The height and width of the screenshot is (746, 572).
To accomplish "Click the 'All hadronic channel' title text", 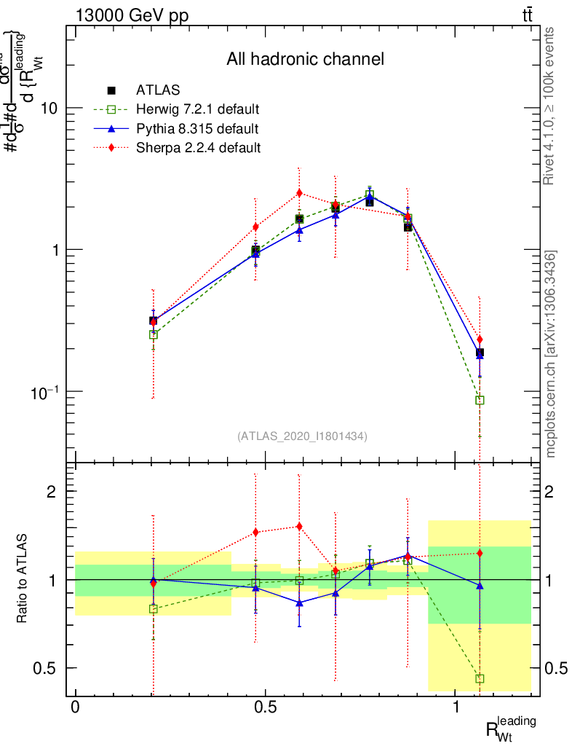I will [x=305, y=60].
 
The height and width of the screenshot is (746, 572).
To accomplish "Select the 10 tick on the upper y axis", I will [x=50, y=108].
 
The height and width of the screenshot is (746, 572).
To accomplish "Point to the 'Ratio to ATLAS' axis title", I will [x=23, y=580].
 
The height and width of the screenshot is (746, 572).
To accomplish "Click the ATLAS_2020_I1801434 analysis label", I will [x=302, y=436].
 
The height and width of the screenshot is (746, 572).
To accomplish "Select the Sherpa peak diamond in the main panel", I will [x=299, y=193].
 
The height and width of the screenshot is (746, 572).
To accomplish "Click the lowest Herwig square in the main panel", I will [x=480, y=400].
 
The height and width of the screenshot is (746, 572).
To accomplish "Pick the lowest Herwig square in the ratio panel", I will [x=480, y=678].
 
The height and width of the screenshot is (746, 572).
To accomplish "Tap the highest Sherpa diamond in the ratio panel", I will [x=299, y=526].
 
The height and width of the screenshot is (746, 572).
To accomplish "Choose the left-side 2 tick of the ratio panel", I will [x=52, y=492].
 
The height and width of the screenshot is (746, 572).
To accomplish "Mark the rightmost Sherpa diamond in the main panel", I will [x=480, y=339].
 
